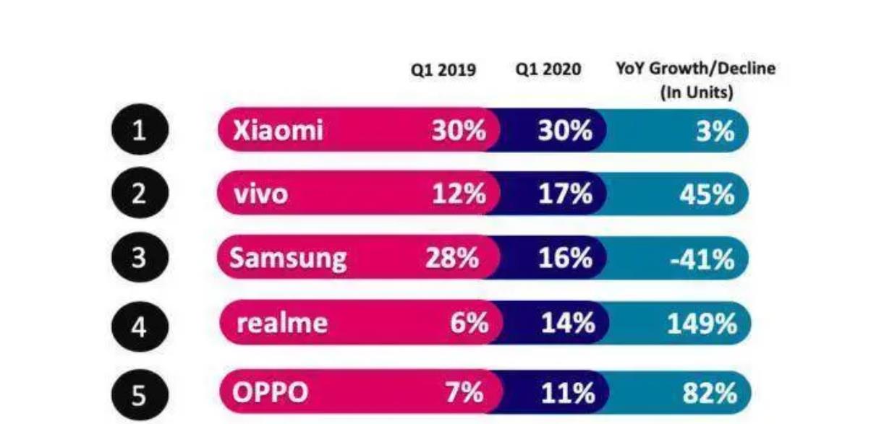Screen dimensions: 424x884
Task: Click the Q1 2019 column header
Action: [x=444, y=71]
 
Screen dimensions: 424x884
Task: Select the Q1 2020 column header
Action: [x=548, y=71]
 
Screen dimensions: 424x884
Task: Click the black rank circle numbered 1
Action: [x=140, y=132]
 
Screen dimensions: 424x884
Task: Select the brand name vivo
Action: [x=261, y=195]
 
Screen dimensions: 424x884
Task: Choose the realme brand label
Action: [x=282, y=323]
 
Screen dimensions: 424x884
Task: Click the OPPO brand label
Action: [x=271, y=393]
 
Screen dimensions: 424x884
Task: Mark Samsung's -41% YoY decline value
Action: [x=702, y=259]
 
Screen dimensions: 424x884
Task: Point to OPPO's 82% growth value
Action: [x=710, y=394]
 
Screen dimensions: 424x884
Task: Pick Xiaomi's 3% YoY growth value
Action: [x=716, y=132]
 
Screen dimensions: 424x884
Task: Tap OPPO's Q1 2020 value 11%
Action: [x=568, y=394]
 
